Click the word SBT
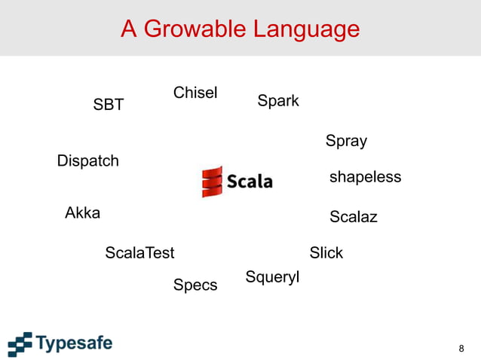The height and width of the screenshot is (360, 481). point(108,105)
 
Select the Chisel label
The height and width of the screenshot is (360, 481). point(195,93)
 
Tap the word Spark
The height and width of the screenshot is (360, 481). point(278,101)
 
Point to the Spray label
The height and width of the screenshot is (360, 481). point(346,141)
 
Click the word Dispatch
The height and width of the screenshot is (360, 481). point(88,161)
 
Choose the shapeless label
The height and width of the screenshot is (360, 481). point(365,177)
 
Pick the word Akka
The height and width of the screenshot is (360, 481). point(83,212)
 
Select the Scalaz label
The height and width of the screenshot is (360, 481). point(353,217)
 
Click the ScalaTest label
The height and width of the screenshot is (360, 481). point(139,252)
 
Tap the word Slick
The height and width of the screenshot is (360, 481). point(326,252)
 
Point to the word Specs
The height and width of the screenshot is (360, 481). point(195,285)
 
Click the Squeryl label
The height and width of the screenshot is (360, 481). point(272,277)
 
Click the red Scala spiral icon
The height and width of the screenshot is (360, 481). point(213,182)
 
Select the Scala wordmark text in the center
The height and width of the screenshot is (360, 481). point(250,182)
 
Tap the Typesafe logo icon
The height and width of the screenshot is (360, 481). point(20,343)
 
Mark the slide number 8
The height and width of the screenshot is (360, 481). point(461,348)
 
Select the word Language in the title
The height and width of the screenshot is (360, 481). point(306,29)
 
